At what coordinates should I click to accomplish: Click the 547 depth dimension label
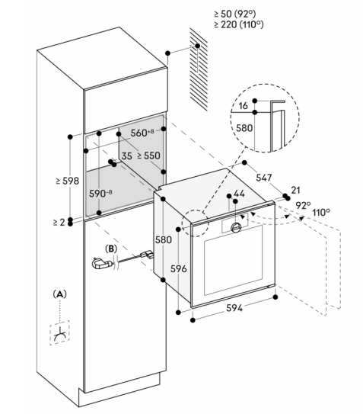pyautogui.click(x=263, y=178)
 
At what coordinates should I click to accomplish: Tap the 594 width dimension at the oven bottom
pyautogui.click(x=234, y=307)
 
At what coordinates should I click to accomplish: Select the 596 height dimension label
pyautogui.click(x=179, y=269)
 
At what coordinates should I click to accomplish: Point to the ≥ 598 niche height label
pyautogui.click(x=68, y=181)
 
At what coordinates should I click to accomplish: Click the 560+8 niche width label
pyautogui.click(x=142, y=133)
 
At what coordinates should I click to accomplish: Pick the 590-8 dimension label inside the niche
pyautogui.click(x=100, y=194)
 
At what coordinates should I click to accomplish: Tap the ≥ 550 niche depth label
pyautogui.click(x=148, y=156)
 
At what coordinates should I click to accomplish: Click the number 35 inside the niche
pyautogui.click(x=126, y=156)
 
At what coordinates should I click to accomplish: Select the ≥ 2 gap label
pyautogui.click(x=59, y=223)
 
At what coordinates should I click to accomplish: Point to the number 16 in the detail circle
pyautogui.click(x=243, y=106)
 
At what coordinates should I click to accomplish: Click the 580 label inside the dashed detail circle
pyautogui.click(x=244, y=128)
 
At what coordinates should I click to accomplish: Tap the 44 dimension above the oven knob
pyautogui.click(x=239, y=194)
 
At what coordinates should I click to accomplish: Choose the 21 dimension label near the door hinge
pyautogui.click(x=295, y=190)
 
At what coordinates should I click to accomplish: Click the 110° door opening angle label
pyautogui.click(x=321, y=212)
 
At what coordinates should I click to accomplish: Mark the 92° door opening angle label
pyautogui.click(x=303, y=205)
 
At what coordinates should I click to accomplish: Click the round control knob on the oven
pyautogui.click(x=236, y=227)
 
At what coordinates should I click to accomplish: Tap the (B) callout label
pyautogui.click(x=111, y=249)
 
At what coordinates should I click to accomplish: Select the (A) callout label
pyautogui.click(x=60, y=294)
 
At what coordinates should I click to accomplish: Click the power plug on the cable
pyautogui.click(x=101, y=264)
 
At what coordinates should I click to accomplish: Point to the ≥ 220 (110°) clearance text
pyautogui.click(x=239, y=24)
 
